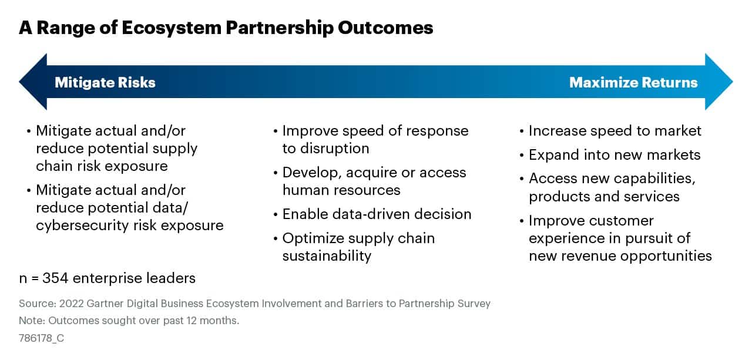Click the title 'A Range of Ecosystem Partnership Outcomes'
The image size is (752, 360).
226,28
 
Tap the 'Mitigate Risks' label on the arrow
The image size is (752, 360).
105,82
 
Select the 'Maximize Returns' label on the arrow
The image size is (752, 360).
633,82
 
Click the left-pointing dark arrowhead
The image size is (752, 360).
33,82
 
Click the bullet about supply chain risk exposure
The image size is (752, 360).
116,148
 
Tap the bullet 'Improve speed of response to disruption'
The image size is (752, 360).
375,139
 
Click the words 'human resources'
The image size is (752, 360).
341,190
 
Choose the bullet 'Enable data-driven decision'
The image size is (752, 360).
377,214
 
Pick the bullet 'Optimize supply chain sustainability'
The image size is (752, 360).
358,247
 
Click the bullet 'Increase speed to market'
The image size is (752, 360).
615,130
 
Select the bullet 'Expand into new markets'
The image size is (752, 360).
615,154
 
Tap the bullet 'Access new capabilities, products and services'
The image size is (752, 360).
611,187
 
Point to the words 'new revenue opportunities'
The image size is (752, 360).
620,255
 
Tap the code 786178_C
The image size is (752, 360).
41,338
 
